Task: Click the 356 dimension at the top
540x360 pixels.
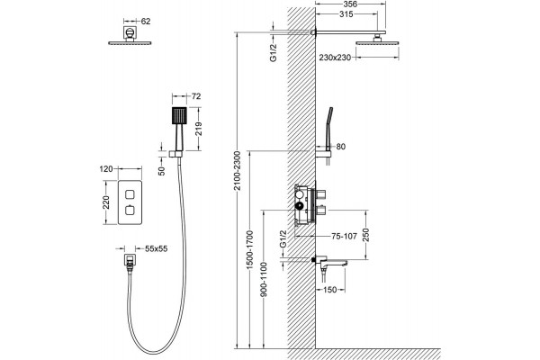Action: tap(351, 4)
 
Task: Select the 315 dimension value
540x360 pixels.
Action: tap(346, 14)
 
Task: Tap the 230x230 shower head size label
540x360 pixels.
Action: tap(335, 58)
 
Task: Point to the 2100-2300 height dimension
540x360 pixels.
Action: tap(237, 171)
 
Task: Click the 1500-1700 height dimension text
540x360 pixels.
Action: tap(250, 250)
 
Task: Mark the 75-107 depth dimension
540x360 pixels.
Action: tap(344, 237)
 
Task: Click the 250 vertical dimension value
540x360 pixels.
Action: tap(365, 235)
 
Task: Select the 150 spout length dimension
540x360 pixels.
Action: tap(330, 290)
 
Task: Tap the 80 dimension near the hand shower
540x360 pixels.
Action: tap(340, 147)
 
